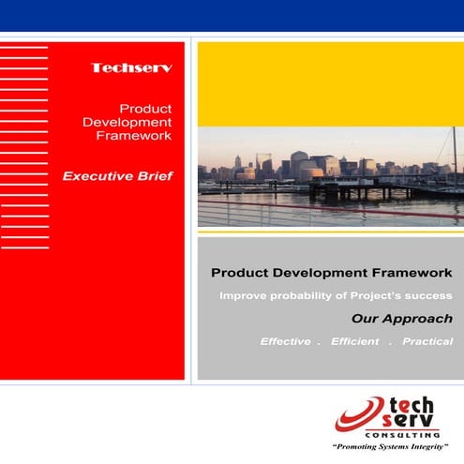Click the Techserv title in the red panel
coord(131,68)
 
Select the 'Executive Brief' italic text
coord(117,175)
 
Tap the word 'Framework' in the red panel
coord(134,136)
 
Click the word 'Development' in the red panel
coord(127,122)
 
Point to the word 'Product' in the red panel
coord(145,108)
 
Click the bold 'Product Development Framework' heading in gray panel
coord(332,273)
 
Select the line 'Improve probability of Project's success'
coord(336,296)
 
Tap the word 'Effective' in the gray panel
coord(285,342)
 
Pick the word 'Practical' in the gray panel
coord(427,342)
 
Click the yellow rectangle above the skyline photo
coord(330,82)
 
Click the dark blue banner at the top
coord(232,15)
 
